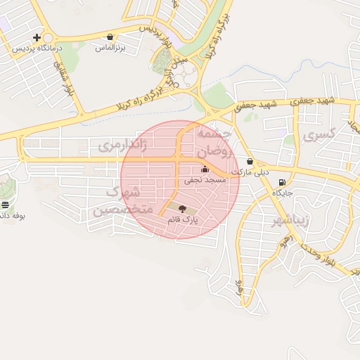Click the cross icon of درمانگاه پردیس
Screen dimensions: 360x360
(x=37, y=37)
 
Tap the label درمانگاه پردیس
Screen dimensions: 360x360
(x=39, y=50)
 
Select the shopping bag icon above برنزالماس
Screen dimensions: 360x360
(x=110, y=37)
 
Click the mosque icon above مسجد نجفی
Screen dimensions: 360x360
(x=205, y=169)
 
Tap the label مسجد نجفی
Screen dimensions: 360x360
(x=205, y=180)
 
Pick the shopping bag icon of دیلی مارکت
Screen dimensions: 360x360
(x=250, y=162)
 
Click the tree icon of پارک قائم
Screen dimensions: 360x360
(x=183, y=208)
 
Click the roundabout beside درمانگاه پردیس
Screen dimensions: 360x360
(x=47, y=38)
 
